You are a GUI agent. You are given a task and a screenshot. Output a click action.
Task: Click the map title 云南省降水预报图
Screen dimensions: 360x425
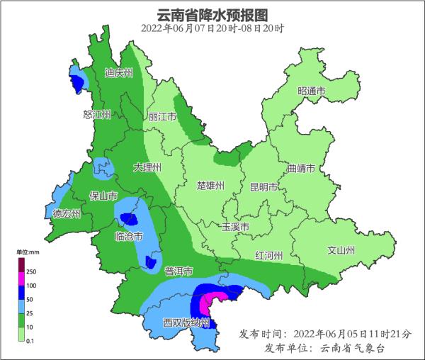pos(212,13)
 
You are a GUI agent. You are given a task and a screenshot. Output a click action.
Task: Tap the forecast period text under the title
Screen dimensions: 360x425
pos(212,28)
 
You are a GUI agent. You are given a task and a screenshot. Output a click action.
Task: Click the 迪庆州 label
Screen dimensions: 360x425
pos(118,72)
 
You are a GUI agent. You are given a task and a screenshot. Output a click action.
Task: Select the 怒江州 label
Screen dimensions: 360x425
pos(97,115)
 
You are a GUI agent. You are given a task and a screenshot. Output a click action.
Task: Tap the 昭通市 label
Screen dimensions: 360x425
pos(311,91)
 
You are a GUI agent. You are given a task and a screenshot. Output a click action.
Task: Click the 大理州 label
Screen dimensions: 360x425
pos(147,167)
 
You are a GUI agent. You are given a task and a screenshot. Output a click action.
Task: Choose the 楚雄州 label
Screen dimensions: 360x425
pos(210,186)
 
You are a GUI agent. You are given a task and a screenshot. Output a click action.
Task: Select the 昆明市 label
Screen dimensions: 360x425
pos(263,187)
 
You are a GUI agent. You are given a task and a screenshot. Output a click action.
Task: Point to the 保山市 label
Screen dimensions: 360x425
pos(102,196)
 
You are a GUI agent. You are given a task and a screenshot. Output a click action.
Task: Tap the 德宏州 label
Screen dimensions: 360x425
pos(67,213)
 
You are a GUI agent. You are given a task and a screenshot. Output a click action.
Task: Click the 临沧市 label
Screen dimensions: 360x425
pos(129,235)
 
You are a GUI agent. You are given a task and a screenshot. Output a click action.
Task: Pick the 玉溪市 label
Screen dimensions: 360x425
pos(235,227)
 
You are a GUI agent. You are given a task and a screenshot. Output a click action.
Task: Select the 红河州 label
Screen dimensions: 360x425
pos(269,255)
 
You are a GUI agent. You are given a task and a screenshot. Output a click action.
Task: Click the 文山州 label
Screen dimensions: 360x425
pos(341,250)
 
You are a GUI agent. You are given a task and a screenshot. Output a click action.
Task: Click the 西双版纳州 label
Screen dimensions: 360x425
pos(186,322)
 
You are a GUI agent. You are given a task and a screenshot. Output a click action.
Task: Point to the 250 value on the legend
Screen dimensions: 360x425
pos(31,271)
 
